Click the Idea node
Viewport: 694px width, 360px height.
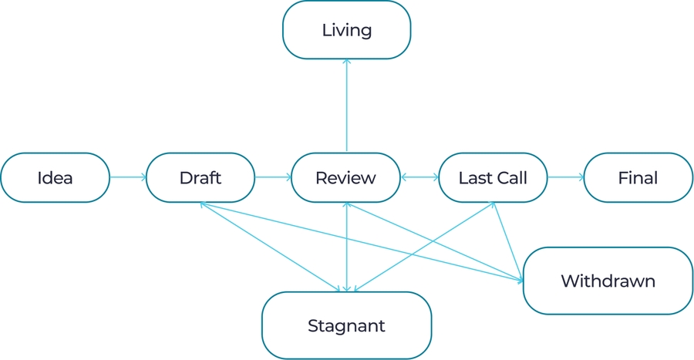(55, 178)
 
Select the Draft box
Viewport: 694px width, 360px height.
(200, 178)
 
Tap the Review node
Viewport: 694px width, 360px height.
(346, 178)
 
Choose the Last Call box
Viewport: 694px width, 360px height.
(493, 178)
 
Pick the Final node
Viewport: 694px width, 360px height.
(638, 178)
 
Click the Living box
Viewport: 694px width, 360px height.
(346, 31)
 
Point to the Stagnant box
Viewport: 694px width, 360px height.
(346, 325)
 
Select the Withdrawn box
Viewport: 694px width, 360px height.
(608, 281)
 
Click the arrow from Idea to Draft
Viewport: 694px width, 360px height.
(127, 177)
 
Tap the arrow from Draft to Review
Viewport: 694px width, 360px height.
(273, 177)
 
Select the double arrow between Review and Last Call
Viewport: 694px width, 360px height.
(419, 177)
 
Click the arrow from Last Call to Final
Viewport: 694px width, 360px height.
(565, 177)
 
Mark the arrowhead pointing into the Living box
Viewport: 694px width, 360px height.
(347, 62)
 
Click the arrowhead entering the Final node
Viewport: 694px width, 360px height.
(581, 177)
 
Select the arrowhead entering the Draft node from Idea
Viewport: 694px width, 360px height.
(143, 177)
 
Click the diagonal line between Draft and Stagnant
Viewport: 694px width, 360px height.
(270, 247)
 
